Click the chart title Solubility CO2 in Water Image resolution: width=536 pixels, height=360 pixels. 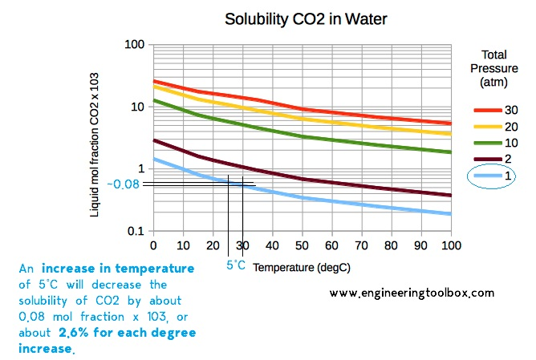pos(302,18)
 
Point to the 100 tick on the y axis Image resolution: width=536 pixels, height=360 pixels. pos(134,43)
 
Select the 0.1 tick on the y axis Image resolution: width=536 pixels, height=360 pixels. pos(136,232)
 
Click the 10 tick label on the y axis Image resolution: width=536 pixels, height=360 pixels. pos(137,106)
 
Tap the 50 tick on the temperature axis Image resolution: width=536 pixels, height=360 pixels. pos(302,245)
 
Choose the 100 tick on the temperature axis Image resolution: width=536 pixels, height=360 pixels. pos(450,245)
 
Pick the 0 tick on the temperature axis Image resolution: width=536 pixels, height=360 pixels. pos(153,245)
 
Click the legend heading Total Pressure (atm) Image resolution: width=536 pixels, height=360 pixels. pos(493,68)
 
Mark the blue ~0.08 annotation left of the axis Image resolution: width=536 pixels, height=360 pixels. pos(124,184)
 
